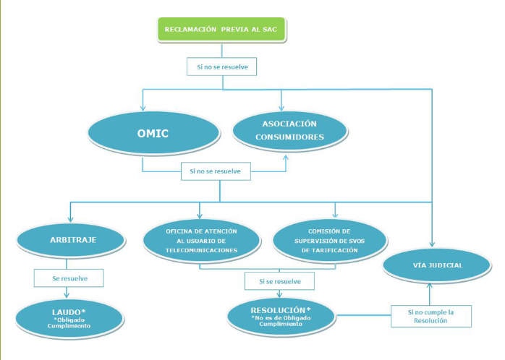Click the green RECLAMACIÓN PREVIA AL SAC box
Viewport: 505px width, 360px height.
click(221, 30)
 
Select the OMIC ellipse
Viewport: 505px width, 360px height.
click(153, 134)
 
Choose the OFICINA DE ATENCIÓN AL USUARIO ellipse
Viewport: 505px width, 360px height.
click(200, 241)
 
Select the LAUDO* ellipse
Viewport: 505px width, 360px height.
click(68, 316)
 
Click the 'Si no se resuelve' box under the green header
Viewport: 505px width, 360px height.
click(221, 68)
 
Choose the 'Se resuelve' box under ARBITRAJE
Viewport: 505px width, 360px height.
click(69, 278)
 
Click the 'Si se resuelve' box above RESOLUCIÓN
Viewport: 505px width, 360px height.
click(279, 280)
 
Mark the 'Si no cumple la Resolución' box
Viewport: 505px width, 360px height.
click(431, 316)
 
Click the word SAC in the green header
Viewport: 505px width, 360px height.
click(270, 30)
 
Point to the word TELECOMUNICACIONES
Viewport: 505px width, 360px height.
click(200, 250)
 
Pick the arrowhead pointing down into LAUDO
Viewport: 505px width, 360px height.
click(68, 296)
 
